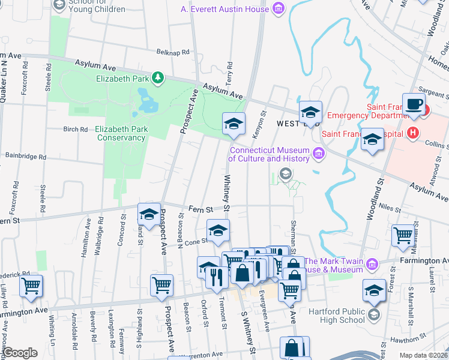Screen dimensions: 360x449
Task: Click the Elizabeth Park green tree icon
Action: [x=157, y=77]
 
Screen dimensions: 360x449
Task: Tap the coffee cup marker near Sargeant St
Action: [x=414, y=103]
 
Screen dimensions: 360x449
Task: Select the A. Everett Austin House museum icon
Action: [x=277, y=8]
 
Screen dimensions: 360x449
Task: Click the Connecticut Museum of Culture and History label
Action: [x=270, y=154]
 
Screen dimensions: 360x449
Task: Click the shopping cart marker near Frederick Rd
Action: [x=31, y=286]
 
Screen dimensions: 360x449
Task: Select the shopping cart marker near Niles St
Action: [x=403, y=234]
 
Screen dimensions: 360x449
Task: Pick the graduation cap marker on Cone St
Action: [x=218, y=230]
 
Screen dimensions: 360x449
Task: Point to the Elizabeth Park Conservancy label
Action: [x=120, y=133]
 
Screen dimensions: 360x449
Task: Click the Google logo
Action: [x=20, y=353]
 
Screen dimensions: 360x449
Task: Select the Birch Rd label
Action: [x=75, y=129]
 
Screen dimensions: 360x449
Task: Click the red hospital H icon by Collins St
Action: [x=412, y=133]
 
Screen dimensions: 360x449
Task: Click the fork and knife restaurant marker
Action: [x=215, y=276]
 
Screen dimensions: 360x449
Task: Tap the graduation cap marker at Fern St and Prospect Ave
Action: [x=149, y=213]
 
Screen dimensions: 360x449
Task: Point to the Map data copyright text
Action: [x=423, y=355]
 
